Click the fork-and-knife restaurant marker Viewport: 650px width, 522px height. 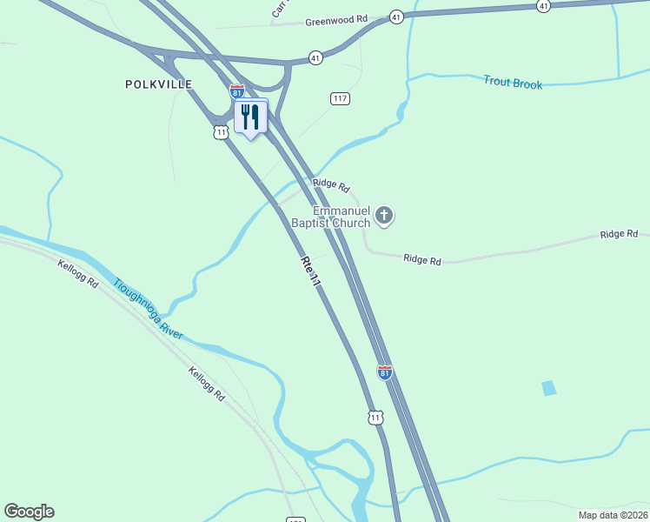point(251,117)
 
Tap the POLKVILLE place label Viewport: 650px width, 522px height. point(158,84)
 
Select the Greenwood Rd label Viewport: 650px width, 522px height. point(331,19)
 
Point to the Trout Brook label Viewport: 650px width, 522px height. point(513,84)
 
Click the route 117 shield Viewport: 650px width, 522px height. point(340,99)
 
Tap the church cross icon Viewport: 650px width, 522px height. point(384,216)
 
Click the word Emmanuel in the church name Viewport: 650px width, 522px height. point(342,211)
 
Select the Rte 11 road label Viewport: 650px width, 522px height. point(311,273)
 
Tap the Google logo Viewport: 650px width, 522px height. point(29,512)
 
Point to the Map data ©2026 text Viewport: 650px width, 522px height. point(612,515)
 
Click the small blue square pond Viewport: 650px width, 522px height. point(548,388)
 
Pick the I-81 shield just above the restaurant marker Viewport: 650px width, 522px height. point(236,91)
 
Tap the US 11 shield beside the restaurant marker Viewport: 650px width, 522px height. point(222,132)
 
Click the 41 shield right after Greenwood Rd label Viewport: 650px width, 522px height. point(395,17)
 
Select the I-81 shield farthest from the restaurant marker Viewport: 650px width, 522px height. point(385,371)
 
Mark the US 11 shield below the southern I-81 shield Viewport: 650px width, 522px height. point(375,418)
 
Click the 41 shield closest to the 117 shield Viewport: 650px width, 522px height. point(315,58)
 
